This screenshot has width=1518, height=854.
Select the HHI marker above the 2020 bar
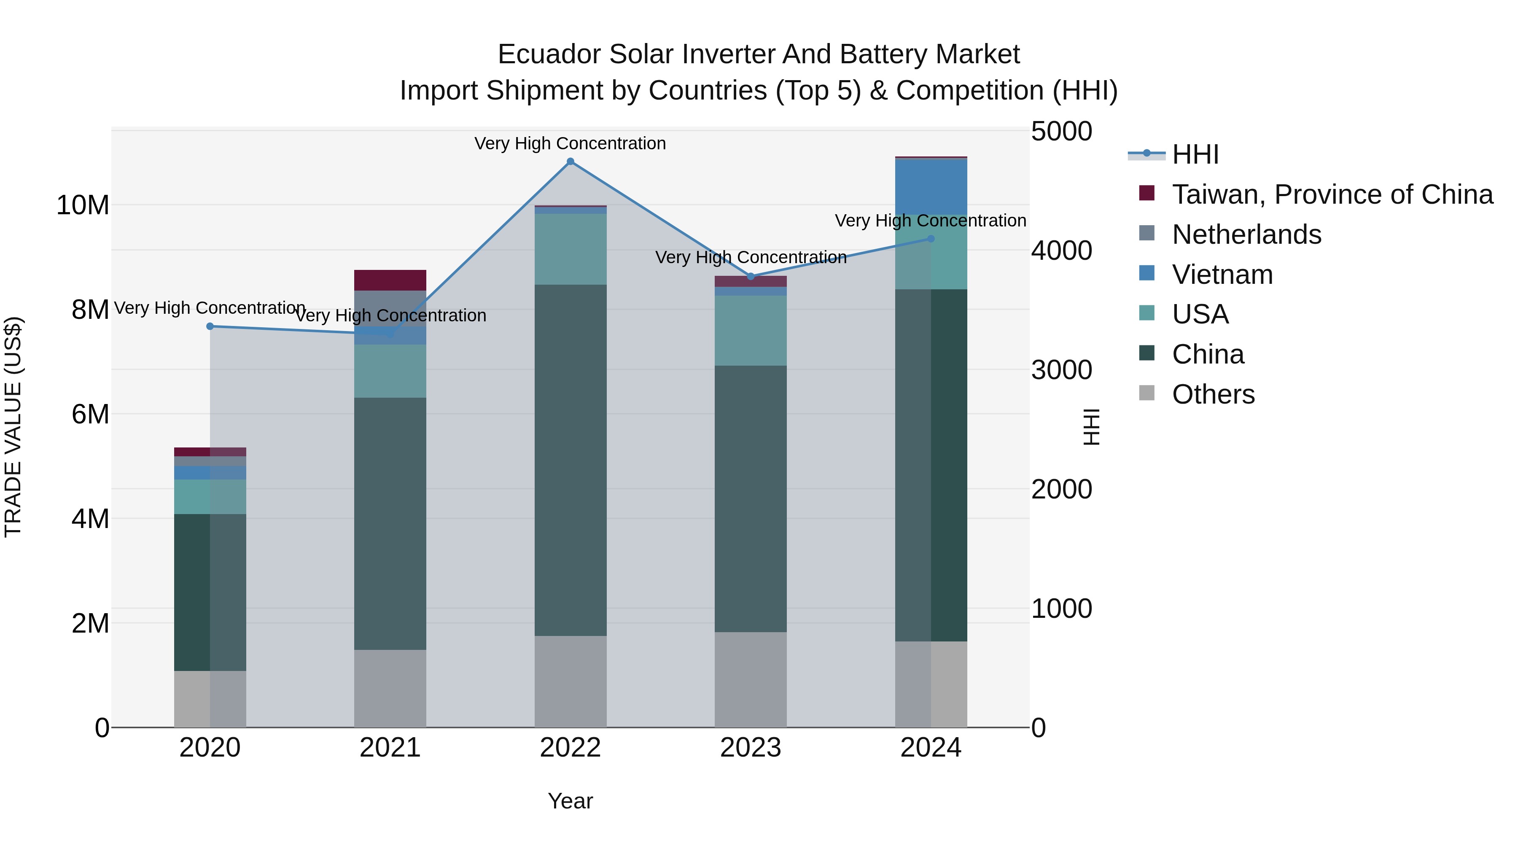click(210, 326)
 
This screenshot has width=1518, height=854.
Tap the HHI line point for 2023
click(750, 276)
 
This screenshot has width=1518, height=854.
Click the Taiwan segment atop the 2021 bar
click(390, 280)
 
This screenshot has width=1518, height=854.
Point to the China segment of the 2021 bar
click(390, 523)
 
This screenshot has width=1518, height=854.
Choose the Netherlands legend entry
click(1246, 234)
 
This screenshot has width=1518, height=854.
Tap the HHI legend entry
click(1195, 154)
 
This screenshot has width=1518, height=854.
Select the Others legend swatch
click(1147, 393)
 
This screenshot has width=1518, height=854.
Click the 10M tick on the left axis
click(83, 206)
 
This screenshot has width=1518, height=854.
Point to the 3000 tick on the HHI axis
click(1061, 370)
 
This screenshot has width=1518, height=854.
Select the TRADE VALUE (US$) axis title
click(13, 427)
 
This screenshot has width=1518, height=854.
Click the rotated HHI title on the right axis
click(1091, 427)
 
